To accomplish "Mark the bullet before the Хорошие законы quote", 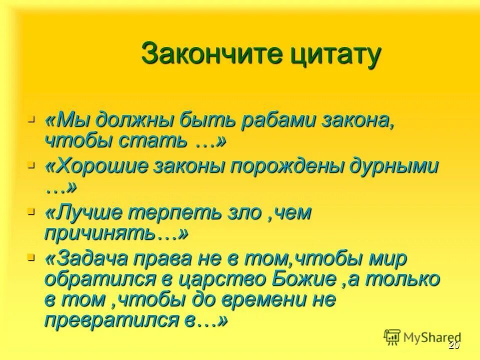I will (31, 164).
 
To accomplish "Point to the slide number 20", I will (454, 346).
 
